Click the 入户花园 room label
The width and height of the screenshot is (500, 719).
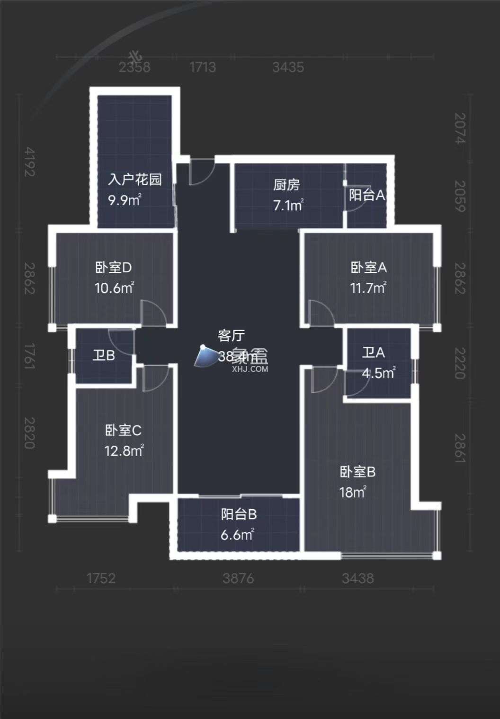click(x=134, y=180)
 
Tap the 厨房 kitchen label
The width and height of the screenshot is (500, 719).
click(x=286, y=185)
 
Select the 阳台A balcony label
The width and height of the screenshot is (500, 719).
click(x=367, y=195)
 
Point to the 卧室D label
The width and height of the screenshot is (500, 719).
click(x=114, y=268)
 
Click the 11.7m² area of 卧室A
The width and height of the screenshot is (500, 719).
click(x=368, y=288)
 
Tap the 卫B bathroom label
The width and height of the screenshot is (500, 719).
click(x=104, y=355)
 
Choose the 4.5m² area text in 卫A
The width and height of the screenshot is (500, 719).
click(x=378, y=373)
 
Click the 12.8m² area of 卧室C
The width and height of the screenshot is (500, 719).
click(x=124, y=450)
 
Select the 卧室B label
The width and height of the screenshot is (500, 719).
click(x=357, y=472)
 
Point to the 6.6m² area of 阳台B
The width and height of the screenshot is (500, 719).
click(x=237, y=535)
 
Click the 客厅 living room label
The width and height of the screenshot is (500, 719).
click(x=231, y=336)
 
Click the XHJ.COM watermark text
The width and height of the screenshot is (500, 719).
click(x=250, y=369)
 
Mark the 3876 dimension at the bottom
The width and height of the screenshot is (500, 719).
click(x=239, y=578)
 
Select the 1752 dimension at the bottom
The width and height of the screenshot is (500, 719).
click(x=101, y=578)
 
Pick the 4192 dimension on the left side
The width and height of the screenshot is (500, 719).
click(x=30, y=162)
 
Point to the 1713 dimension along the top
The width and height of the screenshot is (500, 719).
click(x=203, y=67)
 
